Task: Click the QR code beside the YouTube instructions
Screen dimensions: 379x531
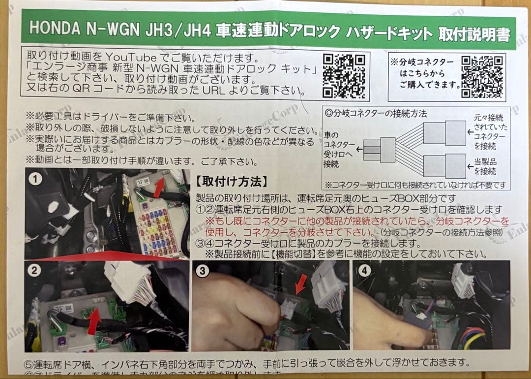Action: click(x=344, y=76)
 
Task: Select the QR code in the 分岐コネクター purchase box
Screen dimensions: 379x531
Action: click(x=482, y=77)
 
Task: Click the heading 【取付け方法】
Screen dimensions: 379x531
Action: click(x=232, y=182)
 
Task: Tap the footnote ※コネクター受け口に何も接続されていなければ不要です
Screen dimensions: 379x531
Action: click(x=414, y=185)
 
